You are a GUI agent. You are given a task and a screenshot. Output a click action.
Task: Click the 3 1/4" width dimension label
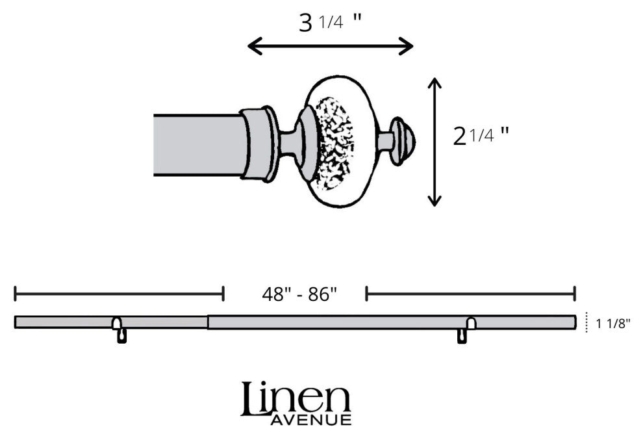click(x=330, y=23)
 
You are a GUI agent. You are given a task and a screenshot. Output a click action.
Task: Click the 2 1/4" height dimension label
click(x=481, y=136)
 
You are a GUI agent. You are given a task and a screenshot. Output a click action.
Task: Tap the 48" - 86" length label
click(x=299, y=294)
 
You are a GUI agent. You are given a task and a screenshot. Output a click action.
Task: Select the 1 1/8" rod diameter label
click(x=612, y=324)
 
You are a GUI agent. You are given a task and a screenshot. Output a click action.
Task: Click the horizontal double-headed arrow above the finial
click(x=330, y=46)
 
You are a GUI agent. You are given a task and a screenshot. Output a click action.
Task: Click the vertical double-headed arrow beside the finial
click(x=435, y=142)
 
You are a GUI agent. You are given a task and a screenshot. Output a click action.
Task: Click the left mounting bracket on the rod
click(x=120, y=329)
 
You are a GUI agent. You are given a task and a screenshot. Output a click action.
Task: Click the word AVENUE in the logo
click(x=311, y=420)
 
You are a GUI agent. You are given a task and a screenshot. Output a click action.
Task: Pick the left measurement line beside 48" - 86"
click(x=119, y=294)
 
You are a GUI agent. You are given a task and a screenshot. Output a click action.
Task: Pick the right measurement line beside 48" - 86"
click(x=471, y=294)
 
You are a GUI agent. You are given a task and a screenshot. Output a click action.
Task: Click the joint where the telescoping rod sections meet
click(x=207, y=322)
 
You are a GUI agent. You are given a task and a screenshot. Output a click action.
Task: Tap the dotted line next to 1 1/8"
click(x=587, y=322)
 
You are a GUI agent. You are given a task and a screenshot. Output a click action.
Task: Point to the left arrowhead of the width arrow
click(x=255, y=46)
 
